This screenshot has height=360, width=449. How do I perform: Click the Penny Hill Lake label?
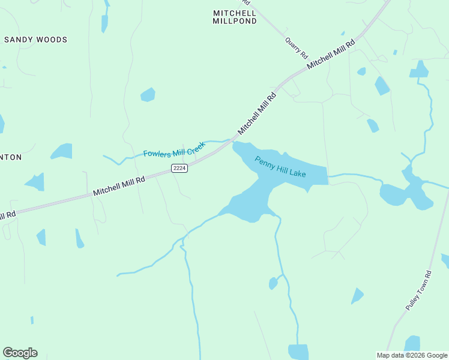pyautogui.click(x=280, y=167)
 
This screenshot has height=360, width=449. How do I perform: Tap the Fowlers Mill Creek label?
pyautogui.click(x=174, y=149)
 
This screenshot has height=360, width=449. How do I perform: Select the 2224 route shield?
pyautogui.click(x=179, y=169)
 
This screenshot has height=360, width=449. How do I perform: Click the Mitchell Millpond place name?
pyautogui.click(x=235, y=17)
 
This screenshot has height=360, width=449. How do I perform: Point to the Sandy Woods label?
pyautogui.click(x=36, y=40)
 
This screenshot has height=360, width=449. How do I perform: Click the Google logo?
pyautogui.click(x=20, y=353)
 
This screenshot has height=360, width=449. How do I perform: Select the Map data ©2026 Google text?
pyautogui.click(x=412, y=355)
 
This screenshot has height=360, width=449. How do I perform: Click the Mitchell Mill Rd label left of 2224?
pyautogui.click(x=119, y=186)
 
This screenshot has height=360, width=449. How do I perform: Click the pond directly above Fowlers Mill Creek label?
pyautogui.click(x=148, y=95)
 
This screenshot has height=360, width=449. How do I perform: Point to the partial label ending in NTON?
pyautogui.click(x=11, y=157)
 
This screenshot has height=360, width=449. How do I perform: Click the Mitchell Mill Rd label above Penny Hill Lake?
pyautogui.click(x=257, y=113)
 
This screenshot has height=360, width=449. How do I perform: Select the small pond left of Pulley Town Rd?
pyautogui.click(x=357, y=295)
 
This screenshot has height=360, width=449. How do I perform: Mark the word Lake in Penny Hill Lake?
pyautogui.click(x=297, y=173)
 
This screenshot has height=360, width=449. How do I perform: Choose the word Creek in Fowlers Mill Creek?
pyautogui.click(x=194, y=146)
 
